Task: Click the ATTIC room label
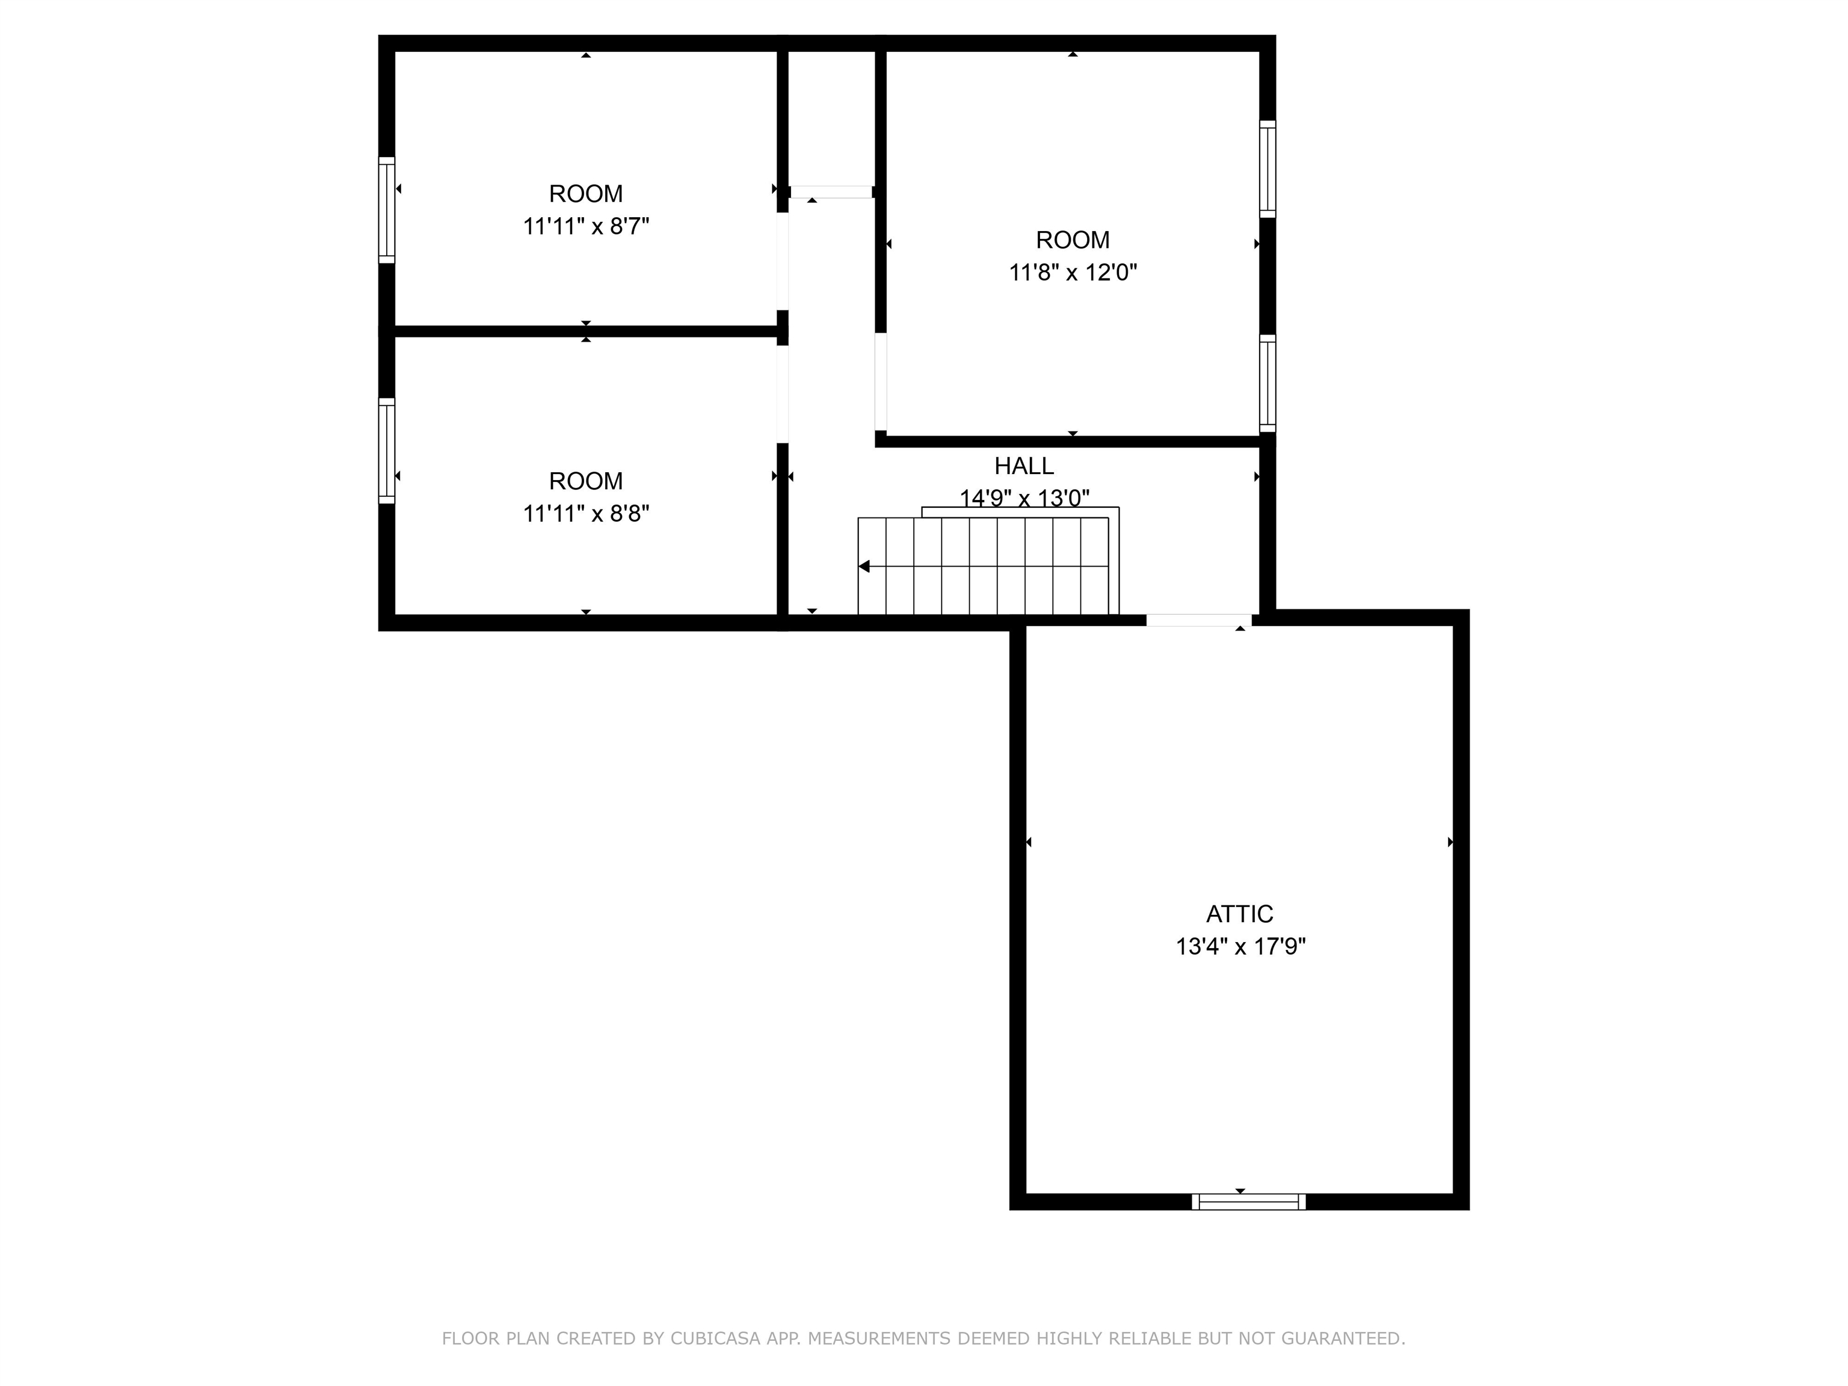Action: [1239, 914]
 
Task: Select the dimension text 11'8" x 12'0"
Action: [1073, 273]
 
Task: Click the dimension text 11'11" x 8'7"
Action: [586, 226]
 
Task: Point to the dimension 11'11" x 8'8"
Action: [586, 513]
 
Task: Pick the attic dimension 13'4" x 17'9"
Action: [1240, 946]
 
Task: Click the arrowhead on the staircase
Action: [864, 567]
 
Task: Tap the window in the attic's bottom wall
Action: [1248, 1201]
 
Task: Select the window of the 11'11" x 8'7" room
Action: [387, 210]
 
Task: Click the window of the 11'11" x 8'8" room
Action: [387, 451]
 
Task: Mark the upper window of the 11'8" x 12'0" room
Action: [1267, 169]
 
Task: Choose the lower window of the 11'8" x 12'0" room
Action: [1267, 383]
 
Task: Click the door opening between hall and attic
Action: [1198, 620]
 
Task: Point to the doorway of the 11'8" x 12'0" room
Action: [881, 382]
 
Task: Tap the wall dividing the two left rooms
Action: [585, 331]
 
